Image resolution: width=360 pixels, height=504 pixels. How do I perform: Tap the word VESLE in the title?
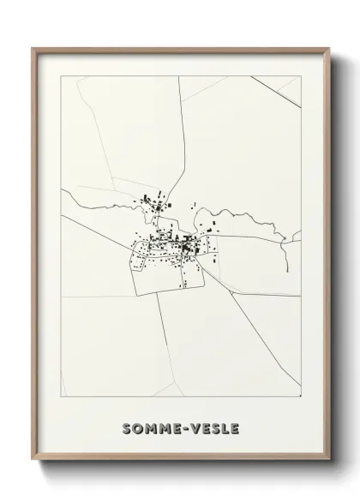(x=213, y=428)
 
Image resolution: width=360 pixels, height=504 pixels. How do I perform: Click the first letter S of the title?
(x=127, y=428)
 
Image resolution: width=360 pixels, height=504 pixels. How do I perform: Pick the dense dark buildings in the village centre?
(x=184, y=248)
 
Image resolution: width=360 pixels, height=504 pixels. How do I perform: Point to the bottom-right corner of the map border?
(x=302, y=397)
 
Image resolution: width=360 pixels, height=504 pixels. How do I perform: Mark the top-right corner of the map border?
(x=302, y=76)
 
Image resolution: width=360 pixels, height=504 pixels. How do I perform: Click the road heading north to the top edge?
(x=181, y=129)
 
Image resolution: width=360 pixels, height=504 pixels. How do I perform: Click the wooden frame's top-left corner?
(x=33, y=49)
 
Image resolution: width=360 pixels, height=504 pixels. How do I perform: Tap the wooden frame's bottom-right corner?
(x=329, y=461)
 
